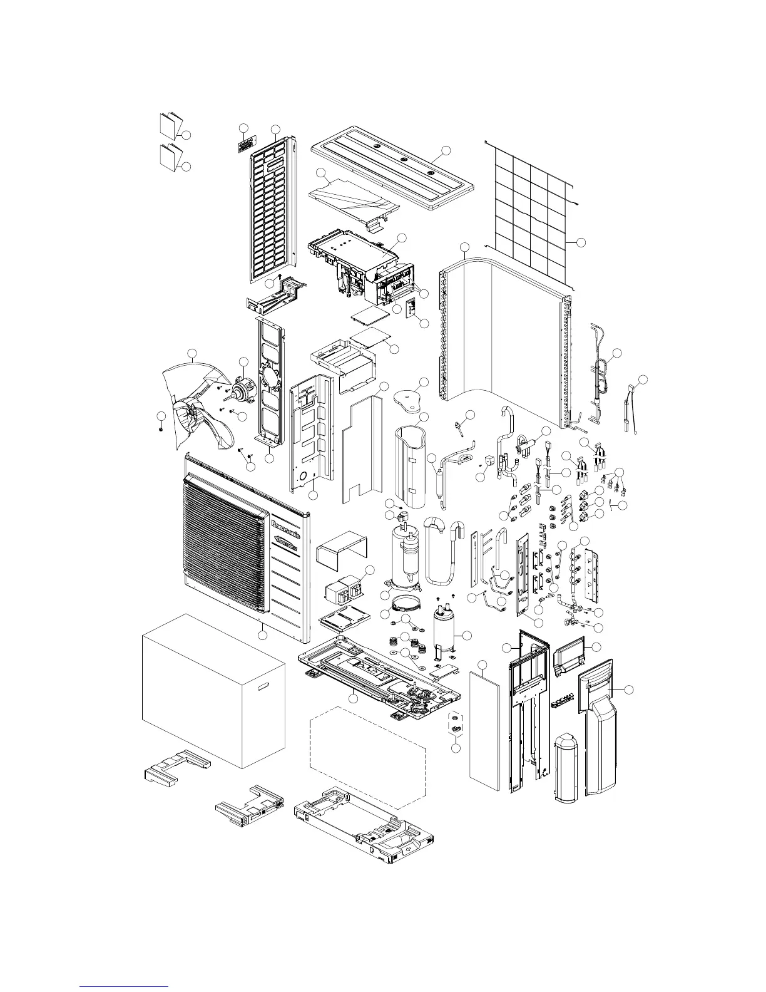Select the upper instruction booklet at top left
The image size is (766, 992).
[170, 125]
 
